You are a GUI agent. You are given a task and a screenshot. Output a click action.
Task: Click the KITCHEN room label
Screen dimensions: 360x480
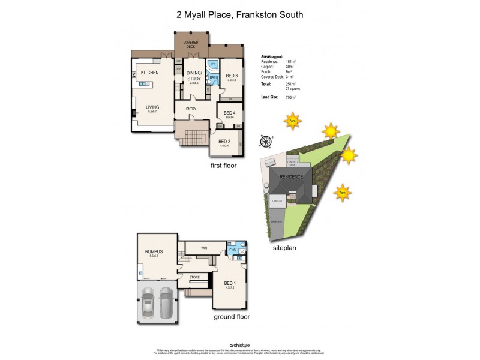coord(149,73)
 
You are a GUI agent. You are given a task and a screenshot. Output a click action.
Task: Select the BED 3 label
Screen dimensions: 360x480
coord(232,76)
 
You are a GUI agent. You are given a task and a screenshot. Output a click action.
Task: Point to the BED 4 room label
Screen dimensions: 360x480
coord(229,113)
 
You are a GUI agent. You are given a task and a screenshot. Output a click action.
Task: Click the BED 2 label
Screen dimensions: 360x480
coord(224,142)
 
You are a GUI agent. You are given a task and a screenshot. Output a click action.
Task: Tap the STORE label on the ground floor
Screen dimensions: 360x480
coord(194,277)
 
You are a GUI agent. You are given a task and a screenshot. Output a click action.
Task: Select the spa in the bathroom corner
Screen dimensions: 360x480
coord(212,64)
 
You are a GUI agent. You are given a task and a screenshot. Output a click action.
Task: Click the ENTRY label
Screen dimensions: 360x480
coord(191,109)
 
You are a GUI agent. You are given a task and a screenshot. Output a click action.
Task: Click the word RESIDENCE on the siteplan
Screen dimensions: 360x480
coord(292,177)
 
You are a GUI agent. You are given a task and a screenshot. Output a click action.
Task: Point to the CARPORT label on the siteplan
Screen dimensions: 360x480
coord(277,201)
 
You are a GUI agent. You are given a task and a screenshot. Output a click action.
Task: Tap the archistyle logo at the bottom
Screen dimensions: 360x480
coord(239,344)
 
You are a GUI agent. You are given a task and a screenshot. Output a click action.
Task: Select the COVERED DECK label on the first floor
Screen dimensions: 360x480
coord(191,44)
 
